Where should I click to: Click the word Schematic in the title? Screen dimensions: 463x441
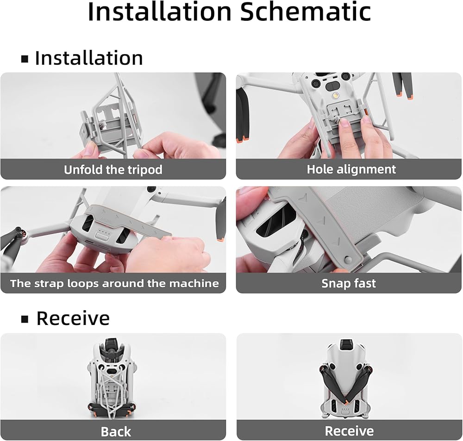(305, 12)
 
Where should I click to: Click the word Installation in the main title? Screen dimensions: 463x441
(159, 12)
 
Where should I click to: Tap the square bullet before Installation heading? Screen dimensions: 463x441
(25, 59)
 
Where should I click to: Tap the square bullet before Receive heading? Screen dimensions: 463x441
(25, 319)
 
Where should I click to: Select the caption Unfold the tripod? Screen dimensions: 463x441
(113, 170)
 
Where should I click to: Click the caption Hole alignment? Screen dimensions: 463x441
(351, 170)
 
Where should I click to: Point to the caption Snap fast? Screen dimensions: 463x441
(349, 283)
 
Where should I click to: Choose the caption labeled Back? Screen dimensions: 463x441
(116, 432)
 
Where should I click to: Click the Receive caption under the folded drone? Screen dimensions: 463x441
(349, 431)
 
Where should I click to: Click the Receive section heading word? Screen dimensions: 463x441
(73, 318)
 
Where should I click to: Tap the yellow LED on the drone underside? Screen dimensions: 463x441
(335, 96)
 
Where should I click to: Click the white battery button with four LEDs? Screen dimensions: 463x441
(103, 234)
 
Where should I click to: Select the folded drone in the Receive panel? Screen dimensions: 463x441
(345, 378)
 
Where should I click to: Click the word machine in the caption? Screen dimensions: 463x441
(194, 283)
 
